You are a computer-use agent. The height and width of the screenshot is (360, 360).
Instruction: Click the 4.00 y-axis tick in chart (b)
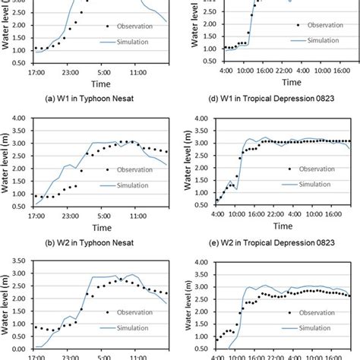click(22, 117)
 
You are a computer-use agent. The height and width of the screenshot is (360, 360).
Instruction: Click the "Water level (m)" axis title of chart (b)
click(8, 161)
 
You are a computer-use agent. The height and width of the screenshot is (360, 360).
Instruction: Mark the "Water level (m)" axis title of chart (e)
click(191, 161)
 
